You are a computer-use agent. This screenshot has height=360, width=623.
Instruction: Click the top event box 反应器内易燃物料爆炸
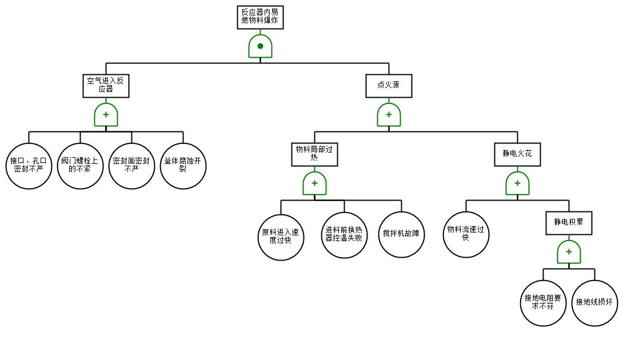pos(260,17)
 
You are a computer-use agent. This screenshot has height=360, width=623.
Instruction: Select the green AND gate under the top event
pos(260,46)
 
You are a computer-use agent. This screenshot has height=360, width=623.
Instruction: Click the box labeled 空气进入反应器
pos(106,86)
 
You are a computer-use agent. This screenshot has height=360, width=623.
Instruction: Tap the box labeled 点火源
pos(389,86)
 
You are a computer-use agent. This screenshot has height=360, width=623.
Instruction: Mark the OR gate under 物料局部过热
pos(314,183)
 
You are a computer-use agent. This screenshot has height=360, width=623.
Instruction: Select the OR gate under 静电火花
pos(517,183)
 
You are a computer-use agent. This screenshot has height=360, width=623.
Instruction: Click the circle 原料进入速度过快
pos(281,235)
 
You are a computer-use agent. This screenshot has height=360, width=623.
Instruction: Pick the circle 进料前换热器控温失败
pos(344,235)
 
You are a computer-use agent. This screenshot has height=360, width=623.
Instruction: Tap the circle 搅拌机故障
pos(401,235)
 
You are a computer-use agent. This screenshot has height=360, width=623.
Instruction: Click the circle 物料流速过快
pos(466,234)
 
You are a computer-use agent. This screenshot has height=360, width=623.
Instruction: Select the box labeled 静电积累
pos(569,223)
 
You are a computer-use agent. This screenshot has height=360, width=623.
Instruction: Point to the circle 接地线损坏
pos(594,303)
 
